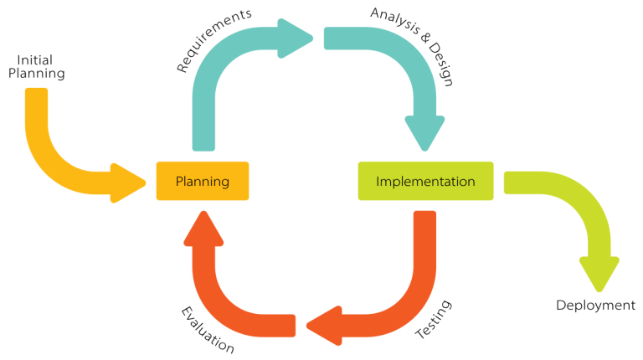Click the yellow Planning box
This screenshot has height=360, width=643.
[202, 181]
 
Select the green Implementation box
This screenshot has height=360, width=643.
[425, 181]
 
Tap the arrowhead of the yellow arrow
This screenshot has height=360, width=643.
[129, 183]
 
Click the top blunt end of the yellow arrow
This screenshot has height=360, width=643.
[37, 93]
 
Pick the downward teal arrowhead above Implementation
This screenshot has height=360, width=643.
[424, 134]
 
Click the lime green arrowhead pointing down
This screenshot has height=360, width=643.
[599, 272]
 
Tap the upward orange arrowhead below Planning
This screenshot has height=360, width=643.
[203, 228]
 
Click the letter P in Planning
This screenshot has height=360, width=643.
[179, 181]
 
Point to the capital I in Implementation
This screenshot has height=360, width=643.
[378, 181]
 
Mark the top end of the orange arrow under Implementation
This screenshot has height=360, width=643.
[425, 217]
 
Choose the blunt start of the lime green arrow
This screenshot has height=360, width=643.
[509, 183]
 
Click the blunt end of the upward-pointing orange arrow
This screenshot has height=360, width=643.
[290, 326]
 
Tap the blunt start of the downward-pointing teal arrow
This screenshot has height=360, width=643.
[329, 38]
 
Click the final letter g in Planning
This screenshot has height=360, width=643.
[224, 183]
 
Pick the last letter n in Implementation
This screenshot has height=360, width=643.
[471, 181]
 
